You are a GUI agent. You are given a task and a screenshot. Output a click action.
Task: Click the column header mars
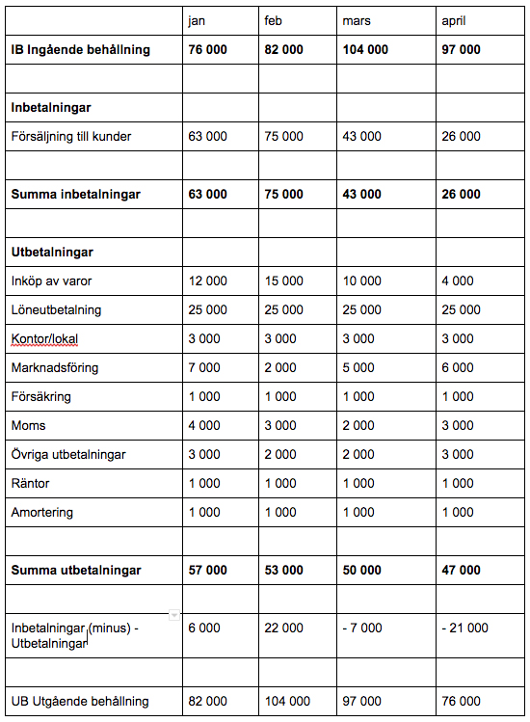[357, 20]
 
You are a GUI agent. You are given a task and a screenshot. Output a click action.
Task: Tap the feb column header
[274, 20]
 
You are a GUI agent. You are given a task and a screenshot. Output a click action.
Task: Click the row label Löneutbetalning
[56, 309]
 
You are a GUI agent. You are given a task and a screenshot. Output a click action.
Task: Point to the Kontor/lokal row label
[44, 338]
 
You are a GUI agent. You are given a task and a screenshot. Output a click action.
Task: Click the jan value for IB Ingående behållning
[207, 49]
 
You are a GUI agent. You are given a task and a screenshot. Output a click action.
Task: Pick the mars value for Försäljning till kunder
[361, 136]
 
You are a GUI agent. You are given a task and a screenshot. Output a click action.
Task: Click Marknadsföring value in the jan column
[203, 367]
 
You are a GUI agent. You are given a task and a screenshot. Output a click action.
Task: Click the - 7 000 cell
[362, 628]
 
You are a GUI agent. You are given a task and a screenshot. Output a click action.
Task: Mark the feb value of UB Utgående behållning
[286, 701]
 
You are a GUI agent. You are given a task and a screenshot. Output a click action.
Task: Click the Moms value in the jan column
[203, 425]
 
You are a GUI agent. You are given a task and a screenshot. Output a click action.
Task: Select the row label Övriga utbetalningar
[67, 454]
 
